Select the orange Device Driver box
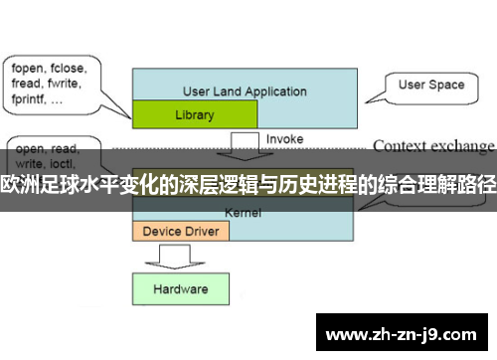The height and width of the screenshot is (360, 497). pos(181,231)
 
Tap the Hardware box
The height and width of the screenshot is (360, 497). pos(180,289)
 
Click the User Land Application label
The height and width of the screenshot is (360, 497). pos(245,91)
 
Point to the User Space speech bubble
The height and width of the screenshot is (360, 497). pos(431,86)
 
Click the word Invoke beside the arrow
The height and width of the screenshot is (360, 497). pos(285,140)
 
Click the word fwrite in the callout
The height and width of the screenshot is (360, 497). pos(64,85)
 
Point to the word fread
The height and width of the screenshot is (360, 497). pos(27,85)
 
